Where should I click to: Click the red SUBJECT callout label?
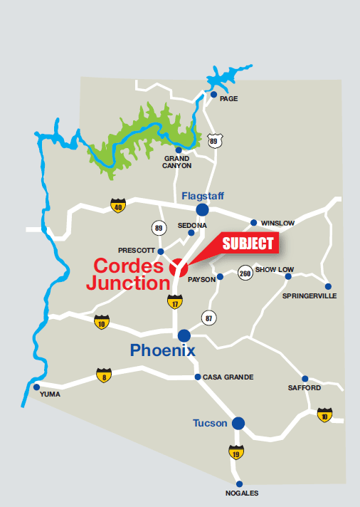tap(248, 244)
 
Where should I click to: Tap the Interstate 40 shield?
tap(117, 207)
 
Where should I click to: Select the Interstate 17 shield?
tap(174, 301)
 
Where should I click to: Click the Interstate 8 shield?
tap(104, 375)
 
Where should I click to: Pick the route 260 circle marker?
tap(245, 272)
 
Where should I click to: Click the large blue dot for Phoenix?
tap(184, 335)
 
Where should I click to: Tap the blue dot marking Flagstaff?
tap(203, 209)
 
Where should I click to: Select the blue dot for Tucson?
tap(238, 423)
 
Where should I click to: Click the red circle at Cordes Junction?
tap(178, 268)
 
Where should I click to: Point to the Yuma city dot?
tap(36, 387)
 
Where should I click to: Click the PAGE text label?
tap(228, 98)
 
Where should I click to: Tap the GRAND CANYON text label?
tap(177, 162)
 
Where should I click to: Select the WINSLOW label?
tap(277, 223)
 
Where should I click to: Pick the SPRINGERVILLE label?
tap(309, 296)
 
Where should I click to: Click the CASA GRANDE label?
tap(228, 377)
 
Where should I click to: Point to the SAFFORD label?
tap(305, 388)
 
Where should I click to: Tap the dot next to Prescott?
tap(161, 251)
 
